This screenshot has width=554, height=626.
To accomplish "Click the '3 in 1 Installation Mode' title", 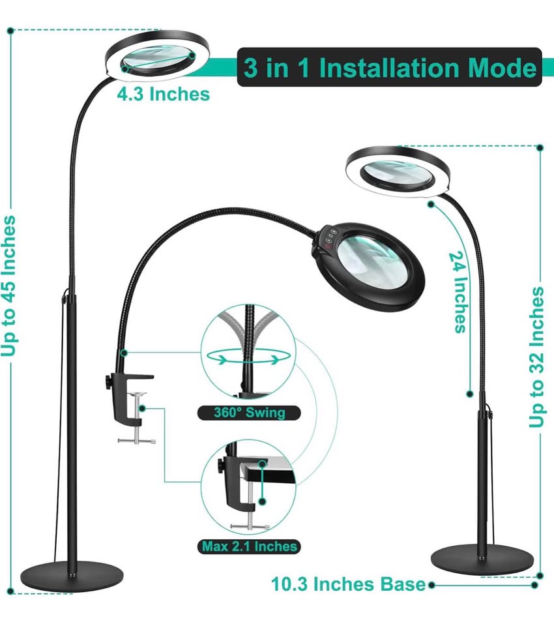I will point(390,68).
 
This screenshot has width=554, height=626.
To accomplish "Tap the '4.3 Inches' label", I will point(163,94).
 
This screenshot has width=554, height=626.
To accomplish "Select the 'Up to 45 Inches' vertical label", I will point(10,287).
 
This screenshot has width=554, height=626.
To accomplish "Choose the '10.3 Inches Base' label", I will point(349,584).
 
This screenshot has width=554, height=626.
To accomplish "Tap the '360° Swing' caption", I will point(241,412).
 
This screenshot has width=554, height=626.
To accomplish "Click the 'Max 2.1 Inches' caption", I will point(250,546).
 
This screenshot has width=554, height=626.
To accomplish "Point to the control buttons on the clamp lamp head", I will point(329,237).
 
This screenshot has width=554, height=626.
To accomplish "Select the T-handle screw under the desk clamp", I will point(137,440).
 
